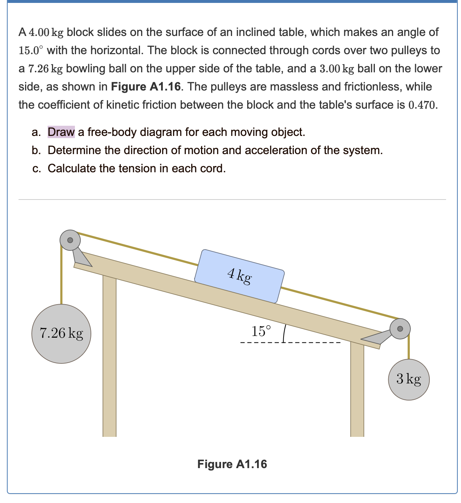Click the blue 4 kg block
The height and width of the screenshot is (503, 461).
pyautogui.click(x=239, y=276)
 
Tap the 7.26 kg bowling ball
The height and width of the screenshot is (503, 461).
pyautogui.click(x=61, y=333)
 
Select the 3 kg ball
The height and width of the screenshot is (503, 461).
pyautogui.click(x=409, y=379)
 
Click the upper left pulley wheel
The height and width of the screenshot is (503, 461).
pyautogui.click(x=70, y=240)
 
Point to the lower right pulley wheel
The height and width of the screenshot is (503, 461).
pyautogui.click(x=400, y=329)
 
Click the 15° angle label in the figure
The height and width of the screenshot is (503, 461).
pyautogui.click(x=261, y=331)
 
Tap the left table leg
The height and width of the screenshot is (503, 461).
pyautogui.click(x=109, y=356)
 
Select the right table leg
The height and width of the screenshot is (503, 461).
pyautogui.click(x=357, y=389)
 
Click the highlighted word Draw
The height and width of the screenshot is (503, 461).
pyautogui.click(x=61, y=132)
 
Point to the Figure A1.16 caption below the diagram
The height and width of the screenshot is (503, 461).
pyautogui.click(x=232, y=464)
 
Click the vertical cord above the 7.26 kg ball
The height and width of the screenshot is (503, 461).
pyautogui.click(x=61, y=276)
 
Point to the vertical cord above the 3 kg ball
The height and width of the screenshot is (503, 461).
pyautogui.click(x=409, y=347)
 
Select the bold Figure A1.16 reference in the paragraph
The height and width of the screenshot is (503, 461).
pyautogui.click(x=145, y=87)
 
